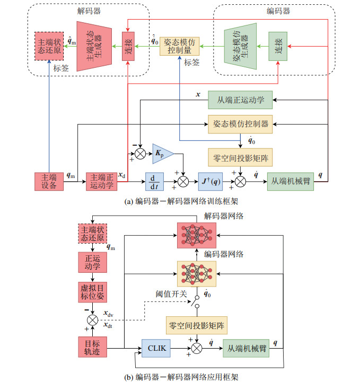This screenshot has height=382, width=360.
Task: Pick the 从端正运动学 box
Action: pos(240,99)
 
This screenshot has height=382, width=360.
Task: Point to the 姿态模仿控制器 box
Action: pos(240,125)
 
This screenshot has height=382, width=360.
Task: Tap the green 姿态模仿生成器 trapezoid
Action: pos(239,46)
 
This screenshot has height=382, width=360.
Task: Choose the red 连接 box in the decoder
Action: pos(128,47)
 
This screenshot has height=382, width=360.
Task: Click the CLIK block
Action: pos(156,348)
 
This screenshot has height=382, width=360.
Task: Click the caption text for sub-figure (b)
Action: pos(180,376)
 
